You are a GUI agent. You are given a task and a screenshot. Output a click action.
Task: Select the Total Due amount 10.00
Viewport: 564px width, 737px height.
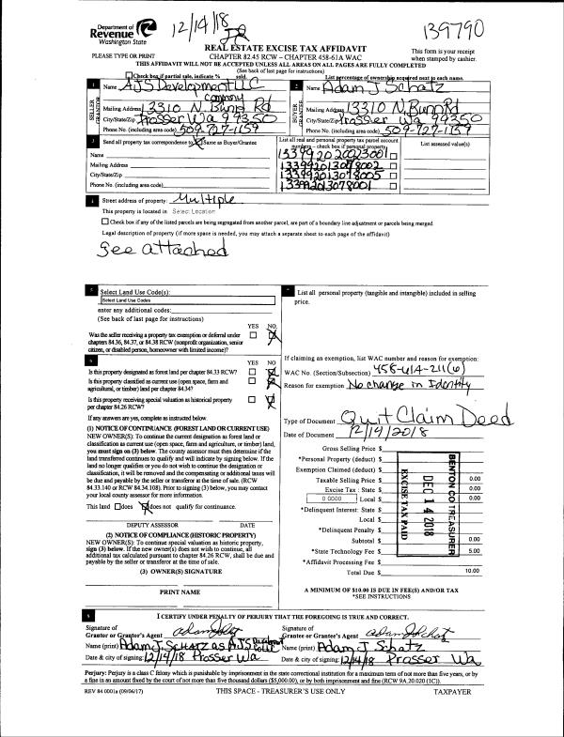coord(471,571)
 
